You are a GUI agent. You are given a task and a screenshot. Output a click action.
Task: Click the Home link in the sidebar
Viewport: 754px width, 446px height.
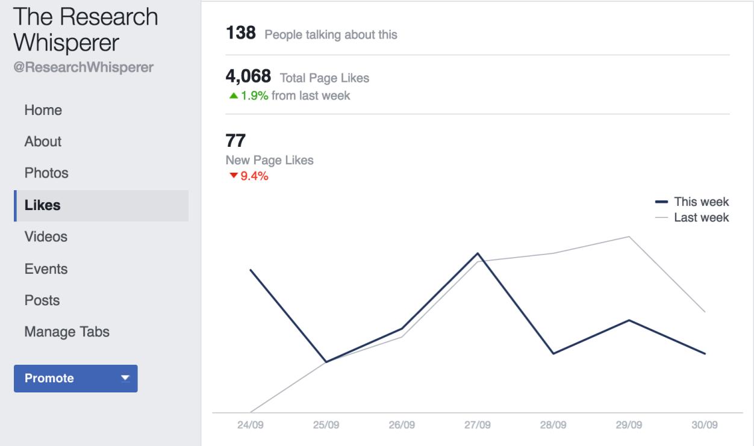tap(43, 110)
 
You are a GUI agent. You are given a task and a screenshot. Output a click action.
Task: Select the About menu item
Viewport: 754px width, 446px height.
tap(43, 141)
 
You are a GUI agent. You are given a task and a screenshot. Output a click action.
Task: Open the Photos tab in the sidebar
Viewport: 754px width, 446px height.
tap(46, 173)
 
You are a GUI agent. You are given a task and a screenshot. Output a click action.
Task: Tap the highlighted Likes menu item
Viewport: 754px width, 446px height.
tap(43, 205)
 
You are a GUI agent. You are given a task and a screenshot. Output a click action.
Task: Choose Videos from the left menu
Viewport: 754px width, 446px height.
tap(46, 237)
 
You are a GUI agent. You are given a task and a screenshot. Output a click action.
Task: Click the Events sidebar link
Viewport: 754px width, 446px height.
tap(46, 269)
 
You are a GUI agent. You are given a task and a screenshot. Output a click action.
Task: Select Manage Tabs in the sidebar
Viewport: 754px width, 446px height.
tap(67, 332)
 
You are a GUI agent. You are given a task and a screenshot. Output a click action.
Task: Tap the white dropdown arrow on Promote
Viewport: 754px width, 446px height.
tap(125, 378)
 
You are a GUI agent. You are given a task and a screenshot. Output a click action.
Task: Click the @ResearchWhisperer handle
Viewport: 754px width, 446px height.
tap(84, 67)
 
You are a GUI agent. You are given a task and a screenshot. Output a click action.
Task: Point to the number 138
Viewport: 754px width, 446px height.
tap(241, 33)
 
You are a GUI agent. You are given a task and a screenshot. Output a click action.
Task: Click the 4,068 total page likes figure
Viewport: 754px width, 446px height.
tap(248, 77)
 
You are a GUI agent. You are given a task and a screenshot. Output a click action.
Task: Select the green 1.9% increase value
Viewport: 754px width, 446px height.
tap(254, 96)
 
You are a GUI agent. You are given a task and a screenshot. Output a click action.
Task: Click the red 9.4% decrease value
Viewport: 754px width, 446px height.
tap(254, 176)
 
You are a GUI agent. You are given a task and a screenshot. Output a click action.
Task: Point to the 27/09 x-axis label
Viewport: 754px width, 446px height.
tap(478, 425)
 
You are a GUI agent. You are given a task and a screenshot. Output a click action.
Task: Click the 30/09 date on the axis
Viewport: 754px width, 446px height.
tap(705, 425)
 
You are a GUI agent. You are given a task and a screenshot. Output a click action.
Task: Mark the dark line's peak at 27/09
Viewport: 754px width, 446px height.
tap(478, 253)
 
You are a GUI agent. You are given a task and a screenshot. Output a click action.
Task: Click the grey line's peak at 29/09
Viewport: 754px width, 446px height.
tap(629, 237)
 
